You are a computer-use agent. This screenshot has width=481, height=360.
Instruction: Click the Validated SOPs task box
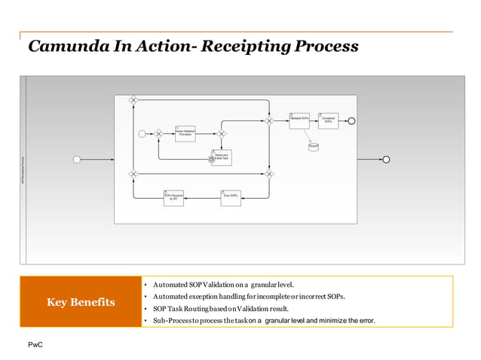pyautogui.click(x=299, y=121)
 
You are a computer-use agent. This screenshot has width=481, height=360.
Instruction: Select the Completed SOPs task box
pyautogui.click(x=328, y=121)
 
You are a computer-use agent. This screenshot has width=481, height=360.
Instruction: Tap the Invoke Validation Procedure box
pyautogui.click(x=185, y=133)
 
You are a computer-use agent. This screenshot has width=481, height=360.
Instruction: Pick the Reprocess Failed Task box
pyautogui.click(x=222, y=157)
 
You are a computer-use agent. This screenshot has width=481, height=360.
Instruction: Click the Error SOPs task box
pyautogui.click(x=231, y=197)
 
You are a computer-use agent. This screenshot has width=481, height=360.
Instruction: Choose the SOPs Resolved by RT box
pyautogui.click(x=173, y=197)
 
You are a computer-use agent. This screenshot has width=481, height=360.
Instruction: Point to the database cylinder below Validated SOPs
pyautogui.click(x=314, y=146)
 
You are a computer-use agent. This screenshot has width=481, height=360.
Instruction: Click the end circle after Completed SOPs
pyautogui.click(x=351, y=121)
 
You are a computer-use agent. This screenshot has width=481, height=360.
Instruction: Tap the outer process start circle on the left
pyautogui.click(x=76, y=159)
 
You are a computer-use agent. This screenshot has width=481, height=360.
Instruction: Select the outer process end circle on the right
pyautogui.click(x=387, y=159)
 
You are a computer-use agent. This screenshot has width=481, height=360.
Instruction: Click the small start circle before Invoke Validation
pyautogui.click(x=142, y=133)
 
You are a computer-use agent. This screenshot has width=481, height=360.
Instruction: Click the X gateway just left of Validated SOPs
pyautogui.click(x=269, y=121)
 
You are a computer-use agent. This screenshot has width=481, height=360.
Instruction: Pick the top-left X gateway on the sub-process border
pyautogui.click(x=133, y=99)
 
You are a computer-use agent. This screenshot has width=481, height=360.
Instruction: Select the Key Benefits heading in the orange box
pyautogui.click(x=81, y=302)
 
